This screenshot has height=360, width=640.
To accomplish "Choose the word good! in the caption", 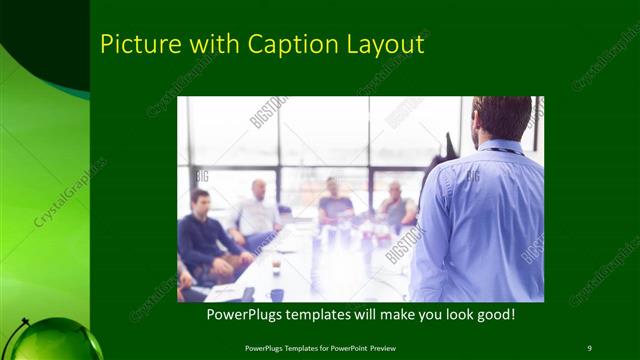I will click(494, 315).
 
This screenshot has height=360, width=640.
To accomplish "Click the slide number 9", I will click(588, 347).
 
